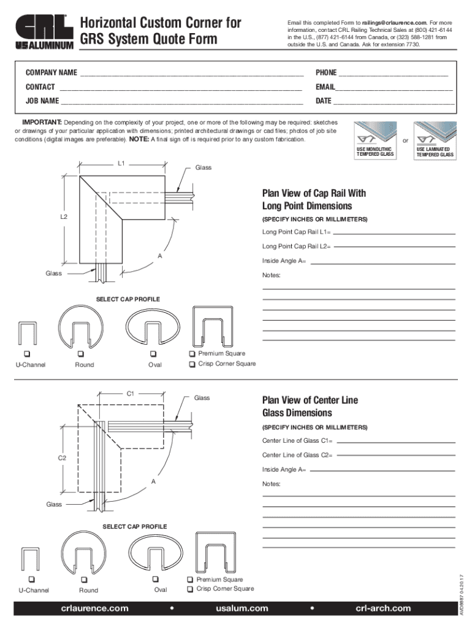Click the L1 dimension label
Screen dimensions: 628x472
121,164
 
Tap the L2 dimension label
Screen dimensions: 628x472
64,217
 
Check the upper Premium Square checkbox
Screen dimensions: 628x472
192,354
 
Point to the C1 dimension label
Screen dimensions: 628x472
131,394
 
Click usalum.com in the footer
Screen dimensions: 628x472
242,608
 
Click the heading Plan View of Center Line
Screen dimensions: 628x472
310,400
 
